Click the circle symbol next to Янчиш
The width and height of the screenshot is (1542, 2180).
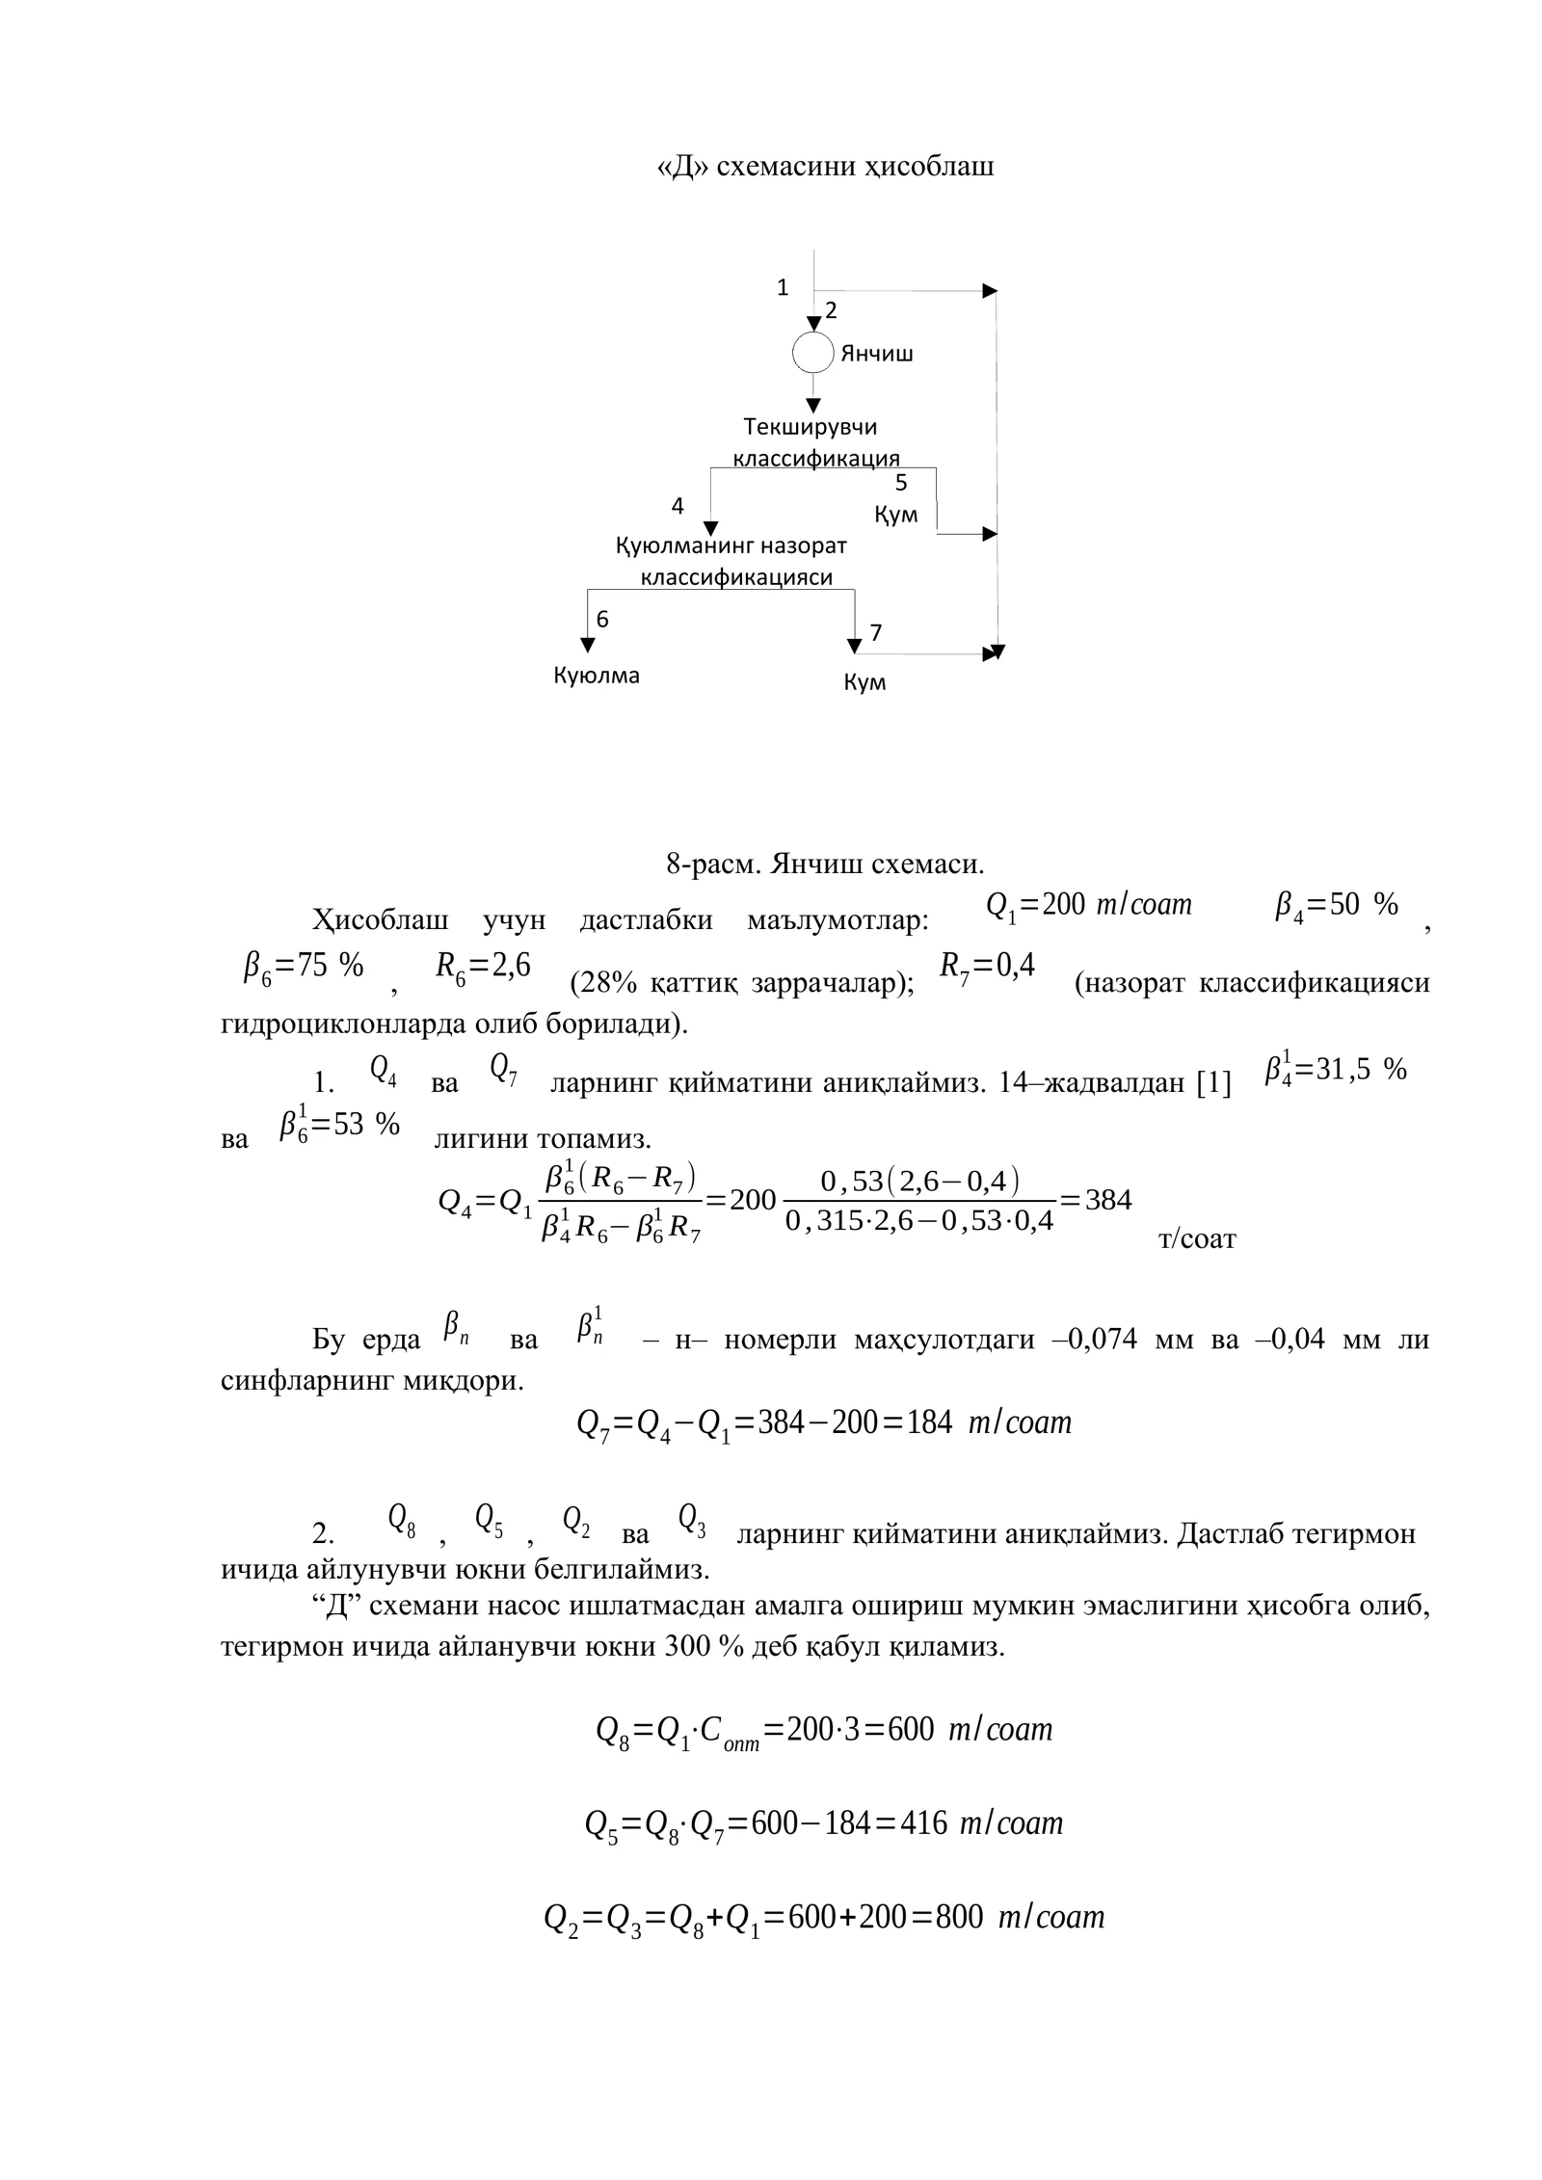(812, 353)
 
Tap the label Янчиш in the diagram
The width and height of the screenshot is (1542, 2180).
(877, 354)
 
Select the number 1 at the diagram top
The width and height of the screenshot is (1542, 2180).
(783, 287)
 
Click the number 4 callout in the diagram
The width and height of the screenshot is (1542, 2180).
(678, 505)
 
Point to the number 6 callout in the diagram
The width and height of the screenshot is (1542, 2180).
(602, 620)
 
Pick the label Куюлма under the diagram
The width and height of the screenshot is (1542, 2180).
(596, 676)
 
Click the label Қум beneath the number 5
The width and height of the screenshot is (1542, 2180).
(896, 515)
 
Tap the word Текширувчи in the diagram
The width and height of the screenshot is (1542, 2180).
(811, 426)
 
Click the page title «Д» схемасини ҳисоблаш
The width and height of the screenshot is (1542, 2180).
(825, 167)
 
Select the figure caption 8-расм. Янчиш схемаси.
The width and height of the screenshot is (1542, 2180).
(825, 864)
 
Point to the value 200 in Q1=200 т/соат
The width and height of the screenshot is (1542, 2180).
(1063, 905)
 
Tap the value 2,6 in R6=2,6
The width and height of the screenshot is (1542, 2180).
(511, 966)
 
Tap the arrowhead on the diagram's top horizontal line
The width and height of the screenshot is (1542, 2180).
(989, 290)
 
